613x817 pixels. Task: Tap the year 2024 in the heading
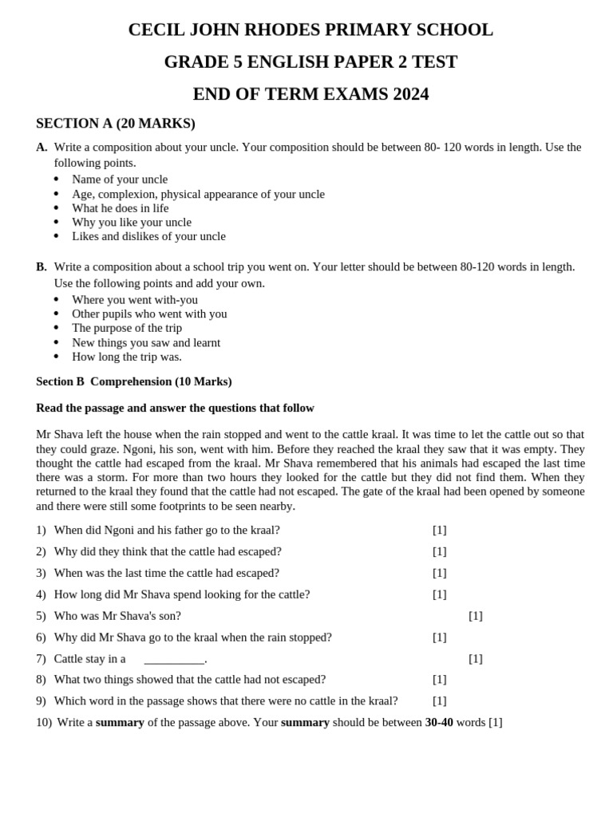pos(410,94)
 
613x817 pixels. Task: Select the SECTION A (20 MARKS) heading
pos(116,124)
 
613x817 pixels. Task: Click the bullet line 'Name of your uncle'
pos(120,180)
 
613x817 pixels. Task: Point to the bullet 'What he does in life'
pos(121,208)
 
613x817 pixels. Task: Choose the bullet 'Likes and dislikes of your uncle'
pos(148,236)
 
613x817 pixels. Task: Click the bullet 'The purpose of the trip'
pos(127,328)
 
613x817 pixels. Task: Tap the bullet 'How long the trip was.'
pos(127,357)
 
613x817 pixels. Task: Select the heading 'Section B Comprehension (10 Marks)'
pos(134,381)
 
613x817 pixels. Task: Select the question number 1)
pos(42,530)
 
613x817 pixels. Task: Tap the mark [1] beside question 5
pos(476,616)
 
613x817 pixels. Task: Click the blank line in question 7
pos(174,660)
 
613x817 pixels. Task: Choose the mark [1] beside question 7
pos(476,659)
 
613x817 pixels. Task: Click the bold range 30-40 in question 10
pos(439,722)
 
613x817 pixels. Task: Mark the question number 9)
pos(42,701)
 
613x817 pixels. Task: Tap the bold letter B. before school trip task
pos(42,266)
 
